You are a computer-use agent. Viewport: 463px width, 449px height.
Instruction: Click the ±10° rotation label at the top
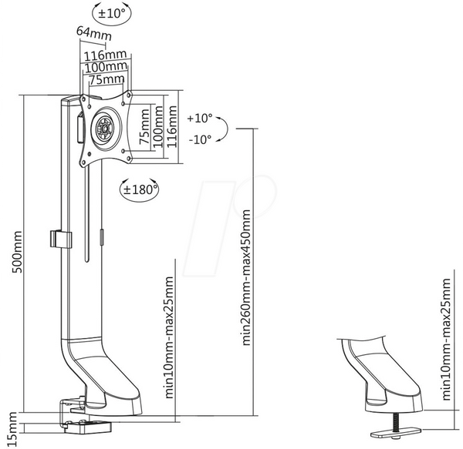click(111, 14)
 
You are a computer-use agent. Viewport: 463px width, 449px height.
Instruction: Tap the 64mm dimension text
click(94, 33)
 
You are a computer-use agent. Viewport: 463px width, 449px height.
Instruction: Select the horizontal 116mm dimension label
click(106, 55)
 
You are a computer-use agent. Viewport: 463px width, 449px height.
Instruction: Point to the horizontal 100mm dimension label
click(106, 67)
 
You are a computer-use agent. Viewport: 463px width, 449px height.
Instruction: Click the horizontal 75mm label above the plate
click(106, 79)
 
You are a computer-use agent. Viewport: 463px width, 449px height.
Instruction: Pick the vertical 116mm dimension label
click(171, 126)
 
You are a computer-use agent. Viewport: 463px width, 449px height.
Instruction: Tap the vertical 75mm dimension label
click(144, 126)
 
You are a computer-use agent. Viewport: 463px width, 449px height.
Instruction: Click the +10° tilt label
click(200, 118)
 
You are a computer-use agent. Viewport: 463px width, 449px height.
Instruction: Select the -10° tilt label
click(200, 139)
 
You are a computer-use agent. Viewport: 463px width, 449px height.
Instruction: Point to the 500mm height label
click(17, 252)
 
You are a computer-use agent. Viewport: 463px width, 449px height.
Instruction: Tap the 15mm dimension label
click(12, 429)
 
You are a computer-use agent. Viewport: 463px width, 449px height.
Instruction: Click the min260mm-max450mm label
click(246, 277)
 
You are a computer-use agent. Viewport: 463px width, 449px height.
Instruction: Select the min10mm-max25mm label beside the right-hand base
click(447, 339)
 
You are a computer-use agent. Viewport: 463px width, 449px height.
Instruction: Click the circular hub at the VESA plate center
click(105, 129)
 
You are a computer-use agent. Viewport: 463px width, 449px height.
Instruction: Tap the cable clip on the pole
click(61, 240)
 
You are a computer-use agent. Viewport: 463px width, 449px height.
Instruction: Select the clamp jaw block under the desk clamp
click(88, 427)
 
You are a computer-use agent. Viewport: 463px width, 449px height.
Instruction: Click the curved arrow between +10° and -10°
click(225, 129)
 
